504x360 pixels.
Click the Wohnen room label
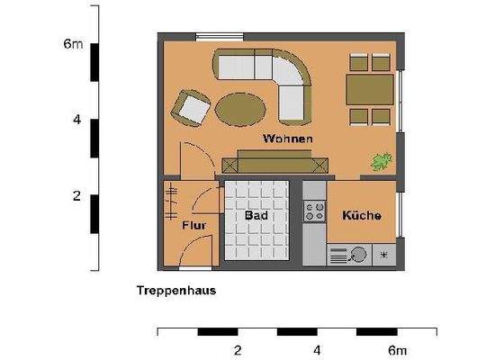(x=288, y=139)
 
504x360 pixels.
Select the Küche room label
(x=362, y=216)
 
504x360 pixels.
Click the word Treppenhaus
(x=176, y=291)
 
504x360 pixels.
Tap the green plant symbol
(x=382, y=162)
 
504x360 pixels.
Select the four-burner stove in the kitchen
(x=315, y=211)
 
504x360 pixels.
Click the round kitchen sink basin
(x=358, y=256)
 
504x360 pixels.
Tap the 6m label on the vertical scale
(x=73, y=43)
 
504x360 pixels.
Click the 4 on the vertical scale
(x=77, y=119)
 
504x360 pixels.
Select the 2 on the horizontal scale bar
(x=238, y=350)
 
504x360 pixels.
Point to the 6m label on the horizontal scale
(x=397, y=350)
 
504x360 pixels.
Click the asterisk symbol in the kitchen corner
(x=384, y=256)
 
